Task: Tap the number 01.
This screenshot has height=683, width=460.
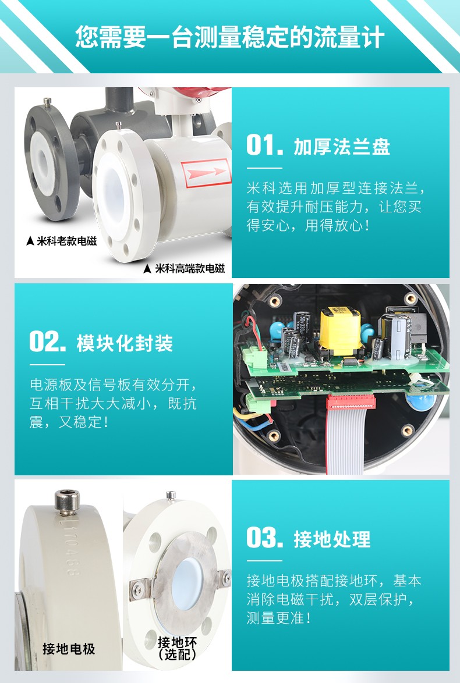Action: click(263, 145)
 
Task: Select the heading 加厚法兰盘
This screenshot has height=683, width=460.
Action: click(342, 147)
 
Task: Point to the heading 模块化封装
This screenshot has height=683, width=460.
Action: click(125, 343)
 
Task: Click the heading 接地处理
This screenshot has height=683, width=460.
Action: click(332, 539)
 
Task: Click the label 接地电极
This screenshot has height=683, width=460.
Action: click(69, 649)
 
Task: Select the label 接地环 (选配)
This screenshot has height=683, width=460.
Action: click(178, 648)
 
